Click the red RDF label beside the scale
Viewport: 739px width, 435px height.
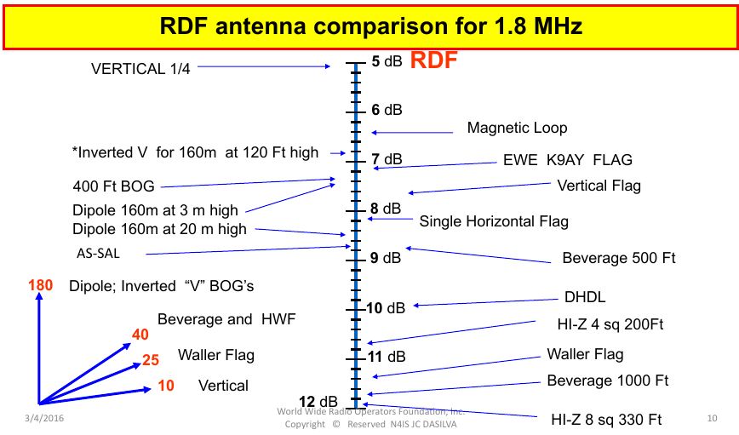(433, 60)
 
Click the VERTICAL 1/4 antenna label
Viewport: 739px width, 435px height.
(140, 69)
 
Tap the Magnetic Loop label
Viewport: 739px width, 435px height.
(517, 128)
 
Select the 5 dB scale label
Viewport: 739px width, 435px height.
(387, 61)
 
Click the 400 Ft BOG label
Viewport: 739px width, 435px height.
(114, 186)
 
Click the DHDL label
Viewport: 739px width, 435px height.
(585, 298)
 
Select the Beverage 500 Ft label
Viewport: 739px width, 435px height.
(618, 258)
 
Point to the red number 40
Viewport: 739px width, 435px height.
(140, 335)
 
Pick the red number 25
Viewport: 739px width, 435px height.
(150, 360)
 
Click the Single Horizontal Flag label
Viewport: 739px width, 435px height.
(494, 221)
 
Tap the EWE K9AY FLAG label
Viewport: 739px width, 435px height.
(568, 160)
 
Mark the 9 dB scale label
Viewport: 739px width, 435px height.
(387, 258)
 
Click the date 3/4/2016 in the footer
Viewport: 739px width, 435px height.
(43, 418)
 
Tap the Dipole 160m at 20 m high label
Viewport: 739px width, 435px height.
(159, 228)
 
